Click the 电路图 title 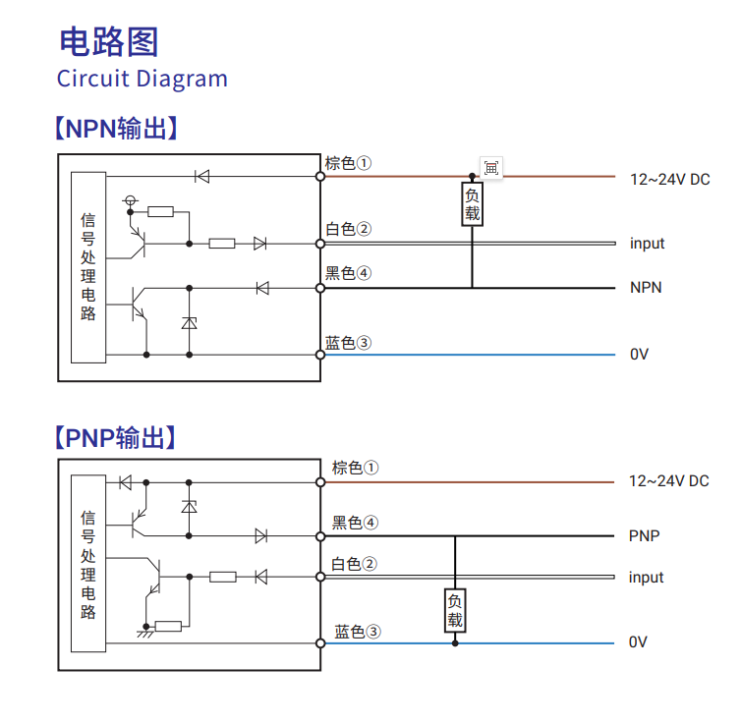coord(108,41)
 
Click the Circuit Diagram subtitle coord(142,79)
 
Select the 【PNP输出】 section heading coord(117,437)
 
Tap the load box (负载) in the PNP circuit coord(454,610)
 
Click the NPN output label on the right coord(646,288)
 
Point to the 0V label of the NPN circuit coord(639,354)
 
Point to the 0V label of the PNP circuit coord(639,642)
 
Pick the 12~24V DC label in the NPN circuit coord(669,179)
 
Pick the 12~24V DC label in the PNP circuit coord(668,481)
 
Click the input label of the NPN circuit coord(647,244)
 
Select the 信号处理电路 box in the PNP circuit coord(88,564)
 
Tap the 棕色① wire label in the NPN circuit coord(349,163)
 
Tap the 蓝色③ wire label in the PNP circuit coord(357,632)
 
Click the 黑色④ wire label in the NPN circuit coord(349,273)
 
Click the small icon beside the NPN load coord(491,167)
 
